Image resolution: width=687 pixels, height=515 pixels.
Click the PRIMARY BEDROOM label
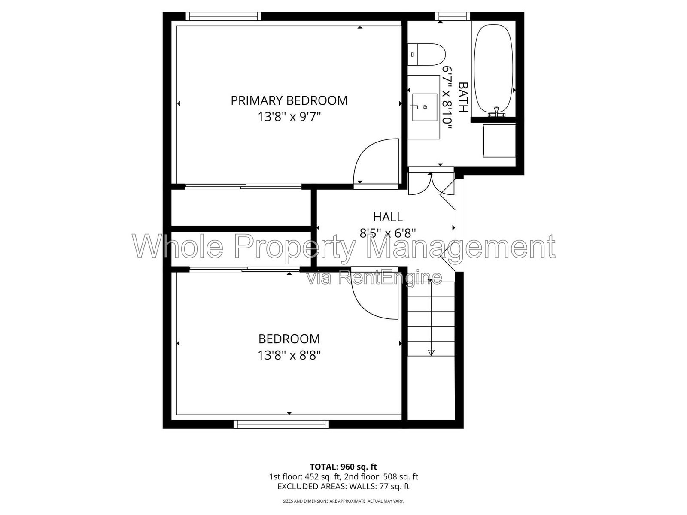tap(289, 101)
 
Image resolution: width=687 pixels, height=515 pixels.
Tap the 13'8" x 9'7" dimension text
tap(289, 117)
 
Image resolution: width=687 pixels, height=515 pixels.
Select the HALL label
tap(388, 217)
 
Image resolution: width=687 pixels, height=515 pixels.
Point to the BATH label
tap(463, 97)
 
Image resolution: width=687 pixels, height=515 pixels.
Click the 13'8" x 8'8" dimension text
tap(289, 355)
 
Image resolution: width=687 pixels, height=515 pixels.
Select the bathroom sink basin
tap(424, 107)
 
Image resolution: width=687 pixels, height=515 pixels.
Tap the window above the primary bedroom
tap(223, 16)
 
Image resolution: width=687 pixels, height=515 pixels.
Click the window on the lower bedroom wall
tap(281, 424)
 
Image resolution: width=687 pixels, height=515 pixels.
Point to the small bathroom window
tap(453, 16)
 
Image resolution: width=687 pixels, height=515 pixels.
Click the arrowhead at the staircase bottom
tap(431, 353)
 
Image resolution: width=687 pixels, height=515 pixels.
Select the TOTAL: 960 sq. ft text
tap(343, 467)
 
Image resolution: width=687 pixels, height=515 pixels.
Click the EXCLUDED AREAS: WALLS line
tap(343, 487)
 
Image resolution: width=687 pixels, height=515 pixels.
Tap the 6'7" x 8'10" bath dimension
tap(447, 97)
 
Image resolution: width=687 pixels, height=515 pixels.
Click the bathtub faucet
tap(496, 112)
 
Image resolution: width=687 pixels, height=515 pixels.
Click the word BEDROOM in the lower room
tap(289, 339)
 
